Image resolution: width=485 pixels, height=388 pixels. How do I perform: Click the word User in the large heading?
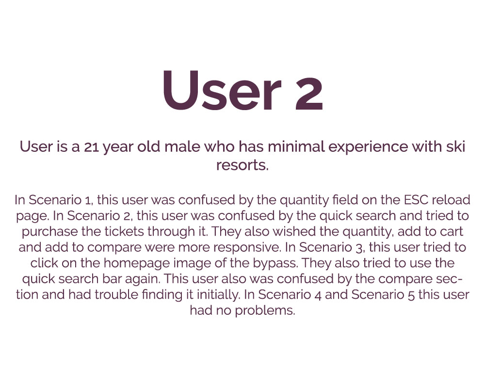point(222,90)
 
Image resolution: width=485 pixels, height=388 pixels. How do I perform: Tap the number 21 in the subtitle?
point(91,147)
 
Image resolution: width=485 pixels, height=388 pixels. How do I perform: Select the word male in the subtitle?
point(182,146)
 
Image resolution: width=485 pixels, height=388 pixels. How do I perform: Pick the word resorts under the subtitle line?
point(242,165)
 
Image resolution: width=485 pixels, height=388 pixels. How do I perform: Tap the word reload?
point(451,200)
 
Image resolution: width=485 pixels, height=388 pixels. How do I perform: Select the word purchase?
point(46,232)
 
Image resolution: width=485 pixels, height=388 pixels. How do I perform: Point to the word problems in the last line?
point(265,311)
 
